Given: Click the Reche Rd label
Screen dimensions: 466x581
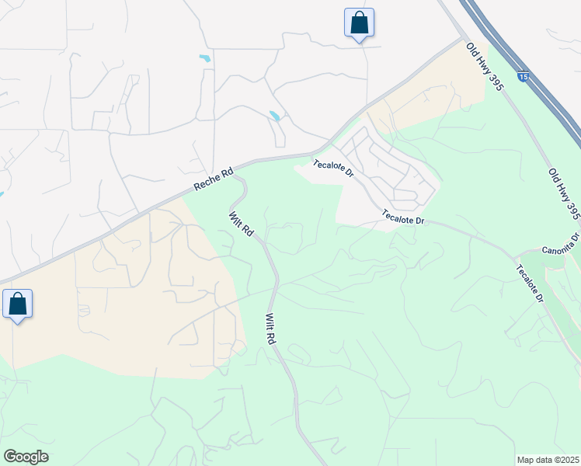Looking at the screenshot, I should click(x=213, y=184).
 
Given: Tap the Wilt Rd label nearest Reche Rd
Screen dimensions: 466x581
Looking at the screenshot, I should click(x=241, y=223).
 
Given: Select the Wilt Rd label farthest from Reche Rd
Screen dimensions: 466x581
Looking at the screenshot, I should click(x=270, y=329).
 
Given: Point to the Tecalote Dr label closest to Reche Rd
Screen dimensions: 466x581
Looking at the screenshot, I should click(x=333, y=169).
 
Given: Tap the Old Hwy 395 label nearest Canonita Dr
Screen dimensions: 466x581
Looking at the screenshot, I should click(x=564, y=193).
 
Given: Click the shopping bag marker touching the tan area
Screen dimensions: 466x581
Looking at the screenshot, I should click(x=17, y=304).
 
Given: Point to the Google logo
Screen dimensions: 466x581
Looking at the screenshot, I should click(x=26, y=457).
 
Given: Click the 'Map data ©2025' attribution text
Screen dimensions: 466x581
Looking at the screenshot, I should click(x=548, y=460).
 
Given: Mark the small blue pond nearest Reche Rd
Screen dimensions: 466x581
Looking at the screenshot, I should click(x=274, y=116).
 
